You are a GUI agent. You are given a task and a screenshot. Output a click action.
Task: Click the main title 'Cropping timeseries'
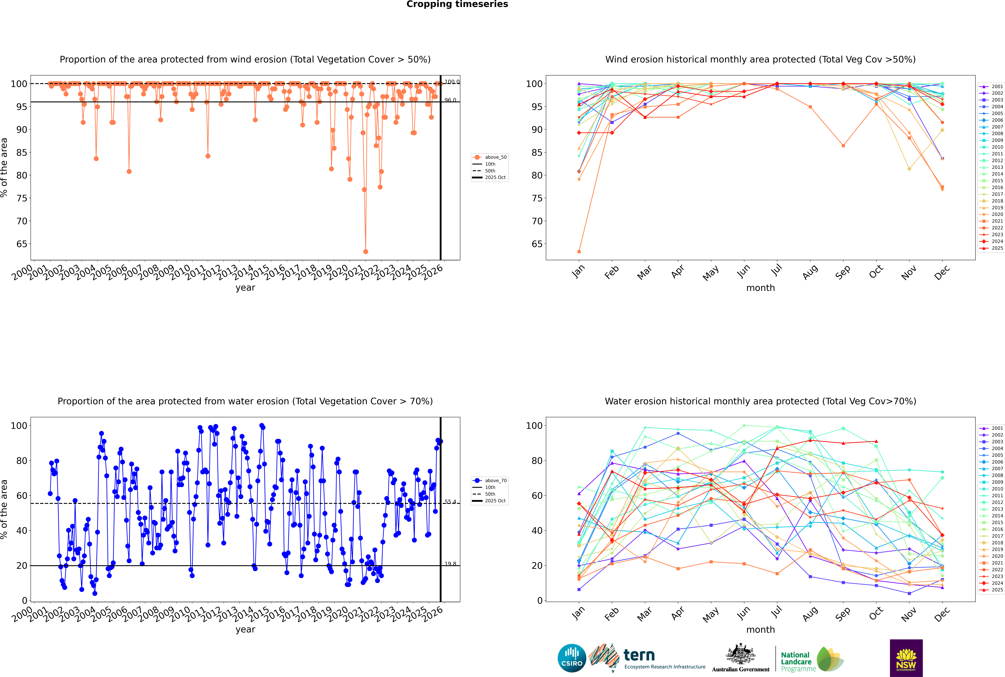(457, 4)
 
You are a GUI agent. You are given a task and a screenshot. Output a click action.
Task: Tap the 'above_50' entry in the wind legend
(495, 157)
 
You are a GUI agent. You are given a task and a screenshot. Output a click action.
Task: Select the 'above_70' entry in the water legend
(495, 481)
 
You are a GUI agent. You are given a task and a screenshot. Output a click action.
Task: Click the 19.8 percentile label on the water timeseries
(450, 564)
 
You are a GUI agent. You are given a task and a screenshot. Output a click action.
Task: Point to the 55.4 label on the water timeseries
(450, 502)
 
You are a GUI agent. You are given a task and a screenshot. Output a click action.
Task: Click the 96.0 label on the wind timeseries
(450, 100)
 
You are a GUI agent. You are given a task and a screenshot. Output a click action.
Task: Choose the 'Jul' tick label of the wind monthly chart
(776, 271)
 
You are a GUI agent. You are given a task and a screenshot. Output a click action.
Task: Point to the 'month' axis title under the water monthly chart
(760, 630)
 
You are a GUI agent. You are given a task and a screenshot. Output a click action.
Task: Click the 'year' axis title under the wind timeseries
(245, 288)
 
